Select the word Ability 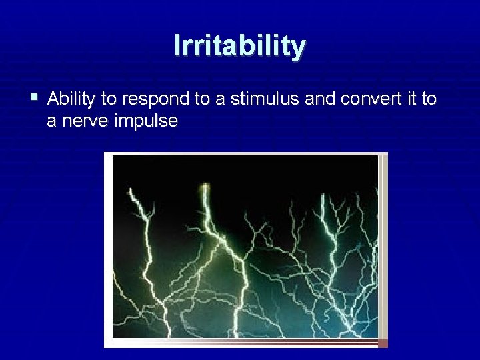point(72,99)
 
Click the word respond point(155,100)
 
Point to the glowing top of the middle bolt point(205,187)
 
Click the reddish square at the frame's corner point(383,343)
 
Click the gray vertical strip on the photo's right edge point(383,247)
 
